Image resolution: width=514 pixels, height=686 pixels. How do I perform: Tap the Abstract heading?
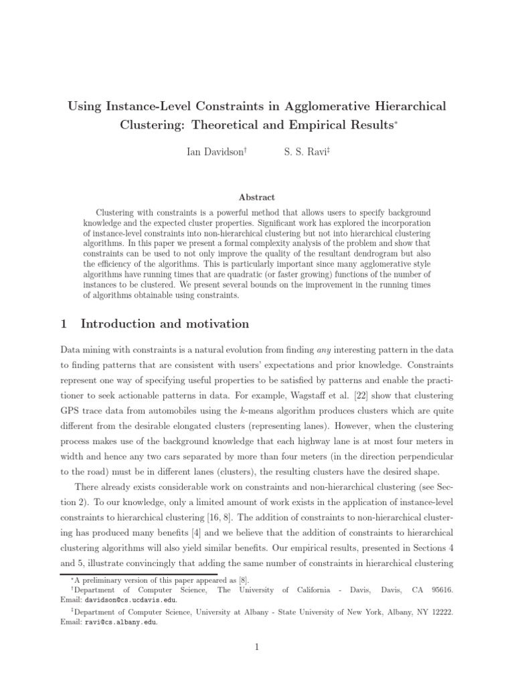256,198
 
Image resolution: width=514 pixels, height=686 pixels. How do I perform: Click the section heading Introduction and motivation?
165,324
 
